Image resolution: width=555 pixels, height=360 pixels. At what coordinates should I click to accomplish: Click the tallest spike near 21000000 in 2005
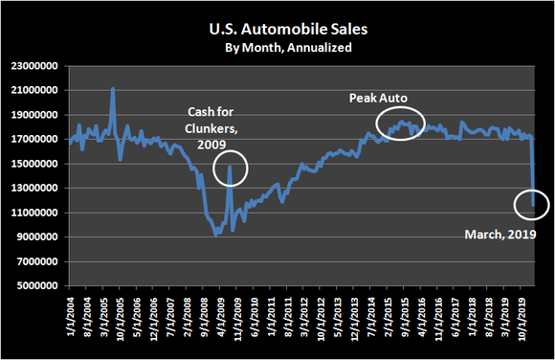(113, 89)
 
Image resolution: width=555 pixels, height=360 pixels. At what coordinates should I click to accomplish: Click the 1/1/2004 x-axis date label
(71, 322)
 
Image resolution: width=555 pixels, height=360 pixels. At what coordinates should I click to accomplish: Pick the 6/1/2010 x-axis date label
(255, 322)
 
